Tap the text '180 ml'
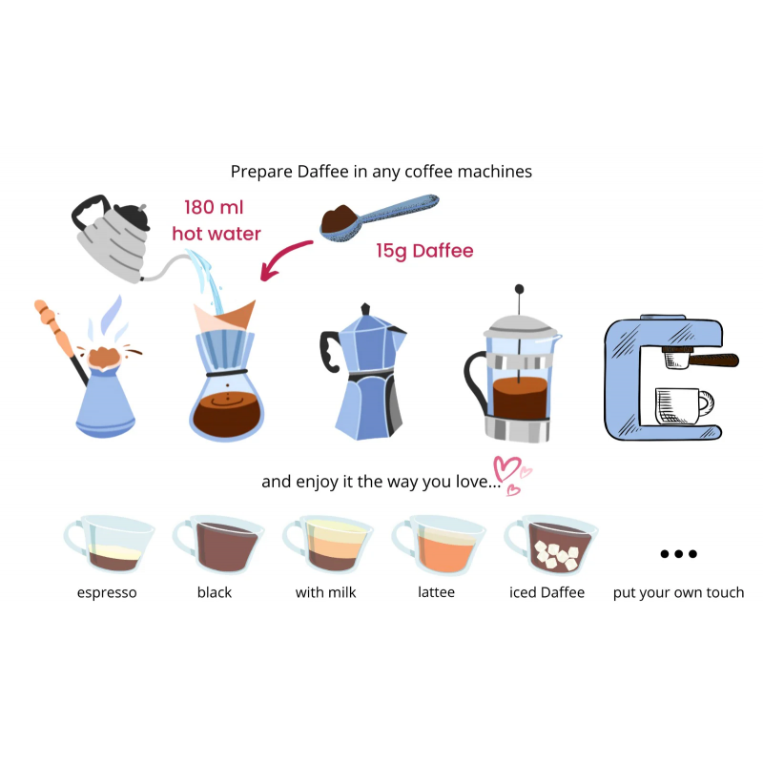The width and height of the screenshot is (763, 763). pos(214,207)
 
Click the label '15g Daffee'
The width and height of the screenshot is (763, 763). pos(424,251)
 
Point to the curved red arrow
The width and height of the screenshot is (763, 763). pos(282,257)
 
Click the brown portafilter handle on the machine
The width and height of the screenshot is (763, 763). pos(714,361)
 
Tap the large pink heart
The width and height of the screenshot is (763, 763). pos(506,468)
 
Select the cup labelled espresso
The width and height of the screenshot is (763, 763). pos(109,544)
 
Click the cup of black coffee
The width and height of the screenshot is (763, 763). pos(219,545)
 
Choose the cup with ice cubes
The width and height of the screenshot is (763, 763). pos(551,545)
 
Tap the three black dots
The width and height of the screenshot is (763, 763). pos(679,554)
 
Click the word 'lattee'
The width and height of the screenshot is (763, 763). pos(437,592)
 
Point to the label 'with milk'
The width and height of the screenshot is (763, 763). pos(325,592)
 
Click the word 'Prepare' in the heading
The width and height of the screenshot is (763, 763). pos(261,172)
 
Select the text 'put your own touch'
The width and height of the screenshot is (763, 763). pos(678,592)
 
